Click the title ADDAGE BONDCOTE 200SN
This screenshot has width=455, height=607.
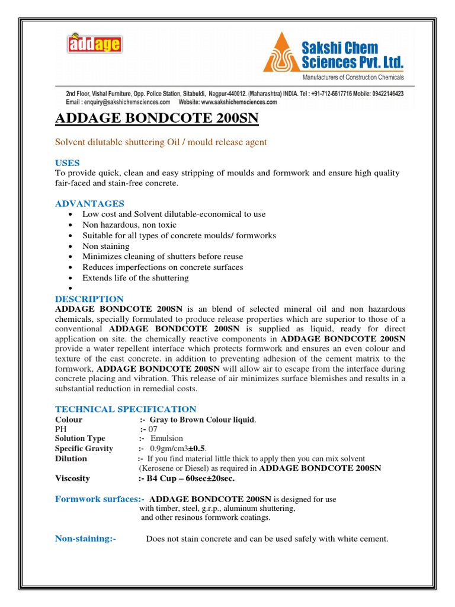(156, 119)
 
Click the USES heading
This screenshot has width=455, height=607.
(67, 162)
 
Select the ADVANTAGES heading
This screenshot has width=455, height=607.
(89, 203)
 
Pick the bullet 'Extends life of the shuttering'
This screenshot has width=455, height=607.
(135, 278)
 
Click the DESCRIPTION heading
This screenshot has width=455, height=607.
(89, 299)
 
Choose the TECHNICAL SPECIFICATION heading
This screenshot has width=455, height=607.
(125, 409)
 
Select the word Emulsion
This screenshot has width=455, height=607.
(166, 439)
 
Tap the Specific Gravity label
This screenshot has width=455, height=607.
(84, 449)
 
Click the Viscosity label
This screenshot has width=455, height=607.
(72, 478)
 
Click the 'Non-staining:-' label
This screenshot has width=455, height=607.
(85, 539)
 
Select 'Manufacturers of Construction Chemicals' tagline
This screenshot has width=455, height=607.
(353, 78)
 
